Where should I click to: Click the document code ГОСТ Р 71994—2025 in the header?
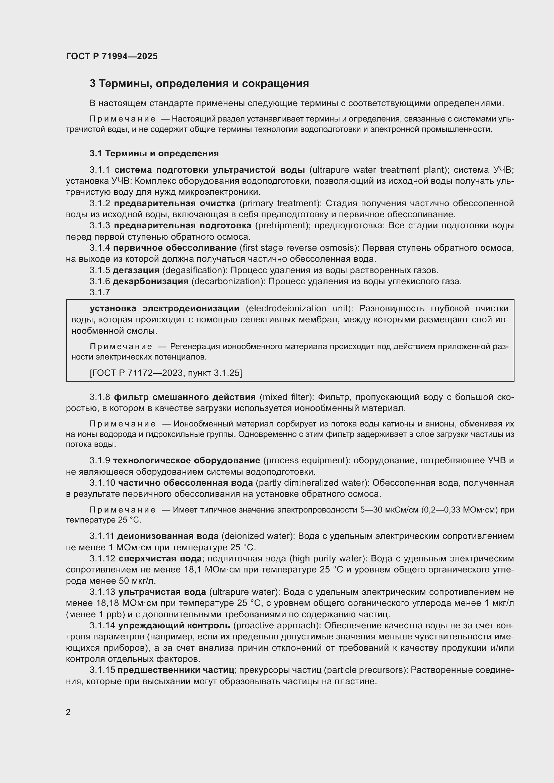coord(112,56)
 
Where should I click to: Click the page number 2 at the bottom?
coord(68,712)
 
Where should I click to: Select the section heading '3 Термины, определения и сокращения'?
coord(199,84)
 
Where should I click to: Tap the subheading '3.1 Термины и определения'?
coord(154,153)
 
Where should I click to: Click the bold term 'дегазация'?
coord(136,270)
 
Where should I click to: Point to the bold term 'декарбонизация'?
coord(150,281)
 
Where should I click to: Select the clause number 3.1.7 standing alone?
coord(99,292)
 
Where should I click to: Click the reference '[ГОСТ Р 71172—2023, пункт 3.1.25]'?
coord(166,373)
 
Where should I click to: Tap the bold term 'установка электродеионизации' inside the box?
coord(164,308)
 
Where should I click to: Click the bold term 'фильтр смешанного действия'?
coord(185,397)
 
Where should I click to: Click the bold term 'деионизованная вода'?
coord(168,536)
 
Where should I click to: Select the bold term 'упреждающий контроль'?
coord(174,625)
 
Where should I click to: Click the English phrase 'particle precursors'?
coord(365,670)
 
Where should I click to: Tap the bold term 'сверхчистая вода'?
coord(160,559)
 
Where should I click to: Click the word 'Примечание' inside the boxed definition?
coord(121,346)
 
